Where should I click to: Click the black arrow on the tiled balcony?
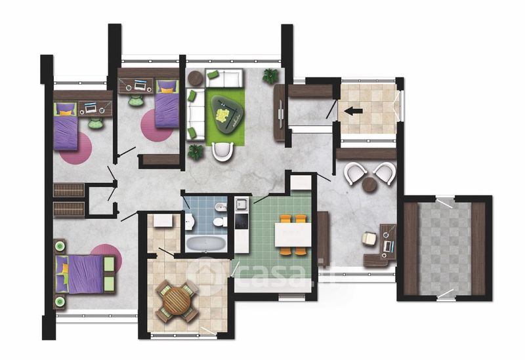coord(353,111)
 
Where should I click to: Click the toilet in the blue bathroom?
coord(220,222)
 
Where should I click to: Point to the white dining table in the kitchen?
coord(293,235)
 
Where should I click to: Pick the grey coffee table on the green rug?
coord(226,115)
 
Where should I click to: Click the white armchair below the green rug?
coord(222,151)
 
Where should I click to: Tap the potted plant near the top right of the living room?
coord(270,76)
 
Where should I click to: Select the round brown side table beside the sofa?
coord(196,79)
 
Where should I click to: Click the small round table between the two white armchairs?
coord(370,184)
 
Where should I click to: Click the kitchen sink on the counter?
coord(241,204)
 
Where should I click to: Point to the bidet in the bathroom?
coord(221,207)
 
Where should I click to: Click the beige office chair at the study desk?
coord(369,239)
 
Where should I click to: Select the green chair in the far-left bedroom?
coord(95,123)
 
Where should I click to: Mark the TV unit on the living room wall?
coord(280,112)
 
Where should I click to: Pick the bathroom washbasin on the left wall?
coord(189,221)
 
